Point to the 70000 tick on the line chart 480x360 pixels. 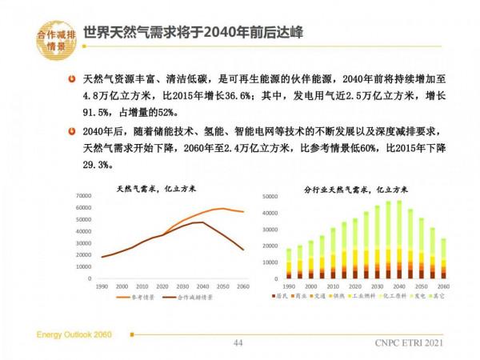86,197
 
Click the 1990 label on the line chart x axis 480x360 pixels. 102,286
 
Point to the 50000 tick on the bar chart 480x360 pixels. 270,196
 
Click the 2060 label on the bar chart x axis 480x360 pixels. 444,286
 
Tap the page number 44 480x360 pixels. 238,342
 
